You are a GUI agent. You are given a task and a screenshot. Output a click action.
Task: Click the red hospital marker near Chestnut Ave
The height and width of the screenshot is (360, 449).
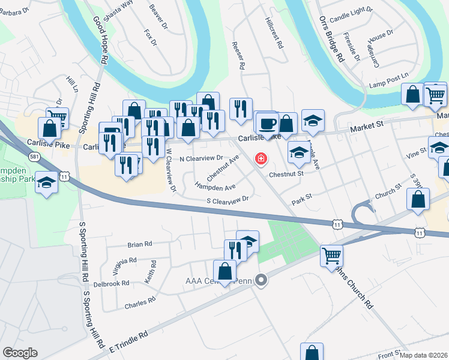(261, 159)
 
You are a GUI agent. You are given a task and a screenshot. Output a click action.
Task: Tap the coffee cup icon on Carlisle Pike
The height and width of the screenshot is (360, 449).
(267, 124)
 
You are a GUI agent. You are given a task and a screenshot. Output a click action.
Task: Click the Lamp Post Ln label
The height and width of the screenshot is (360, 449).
(388, 85)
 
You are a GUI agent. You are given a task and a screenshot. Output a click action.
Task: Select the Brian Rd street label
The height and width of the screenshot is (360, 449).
(140, 244)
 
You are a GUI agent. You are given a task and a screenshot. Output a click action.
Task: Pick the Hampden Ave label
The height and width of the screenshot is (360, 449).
(215, 186)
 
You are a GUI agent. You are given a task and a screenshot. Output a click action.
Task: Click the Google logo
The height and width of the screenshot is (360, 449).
(20, 353)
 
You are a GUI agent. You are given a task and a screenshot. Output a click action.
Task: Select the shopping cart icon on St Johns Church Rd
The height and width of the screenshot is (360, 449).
(331, 256)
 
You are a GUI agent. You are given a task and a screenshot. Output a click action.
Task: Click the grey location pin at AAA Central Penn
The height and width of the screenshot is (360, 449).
(261, 280)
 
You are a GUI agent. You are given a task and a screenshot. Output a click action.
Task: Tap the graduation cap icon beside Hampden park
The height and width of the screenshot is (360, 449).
(46, 183)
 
